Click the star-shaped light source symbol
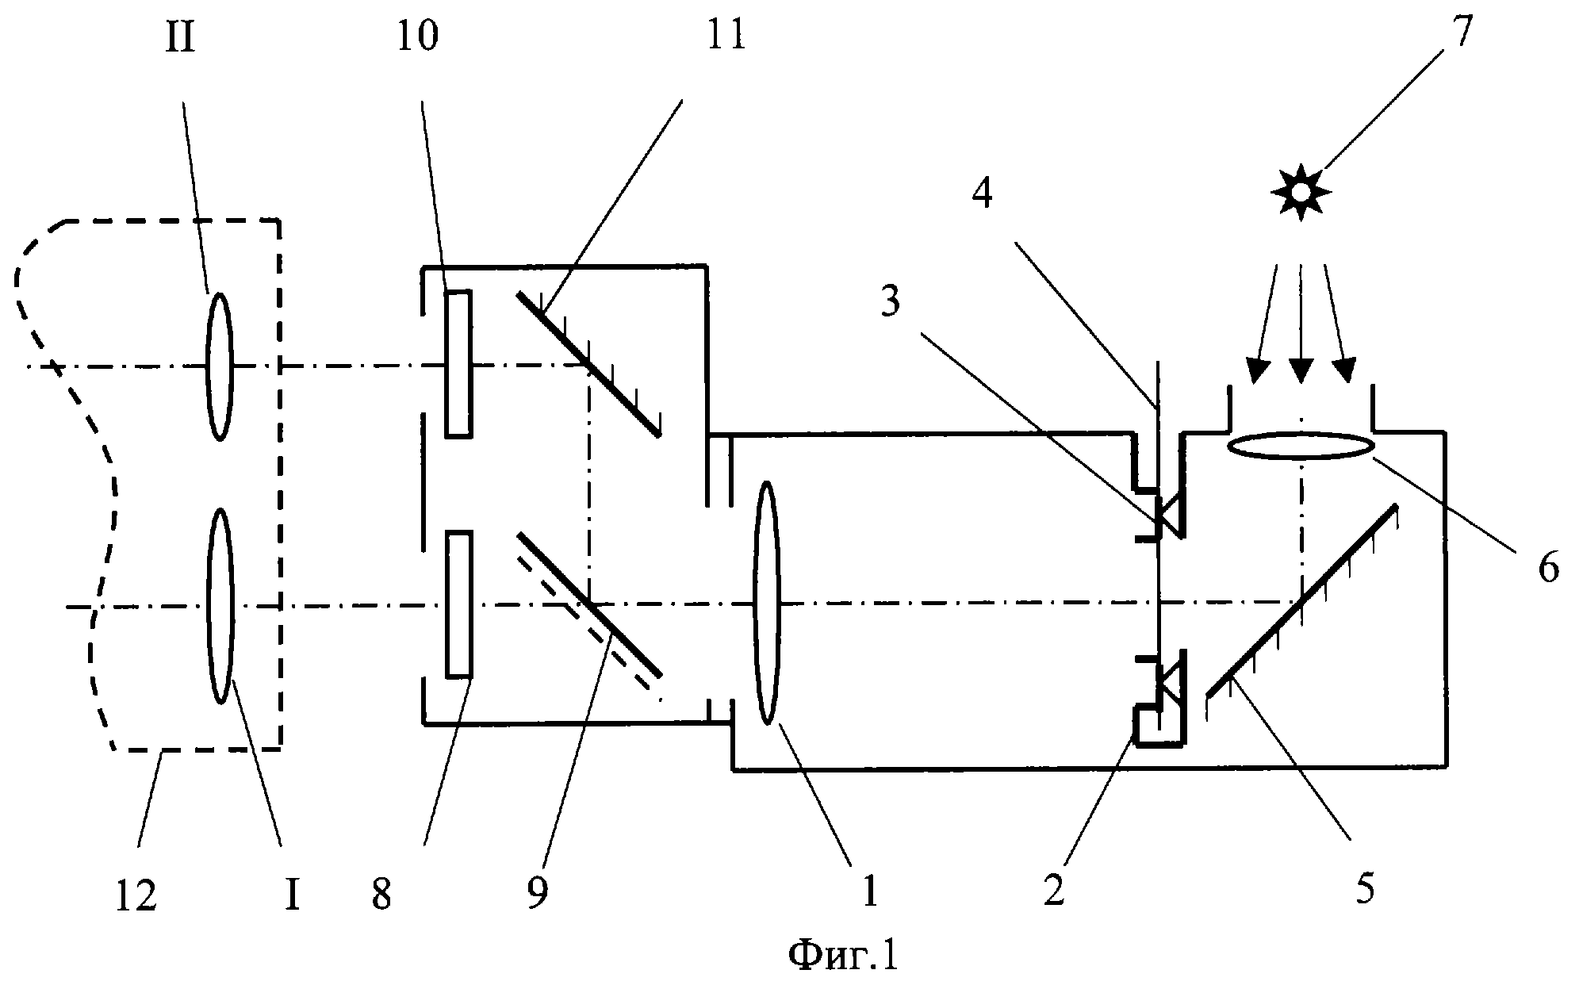(x=1301, y=192)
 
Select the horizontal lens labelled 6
(x=1301, y=445)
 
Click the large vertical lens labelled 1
(x=767, y=603)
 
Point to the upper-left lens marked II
(x=220, y=366)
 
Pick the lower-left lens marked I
(x=220, y=607)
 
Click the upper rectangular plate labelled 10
(x=458, y=363)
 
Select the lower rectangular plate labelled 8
(x=458, y=605)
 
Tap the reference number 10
(x=417, y=35)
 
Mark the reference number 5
(x=1365, y=888)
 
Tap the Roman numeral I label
(x=292, y=897)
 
